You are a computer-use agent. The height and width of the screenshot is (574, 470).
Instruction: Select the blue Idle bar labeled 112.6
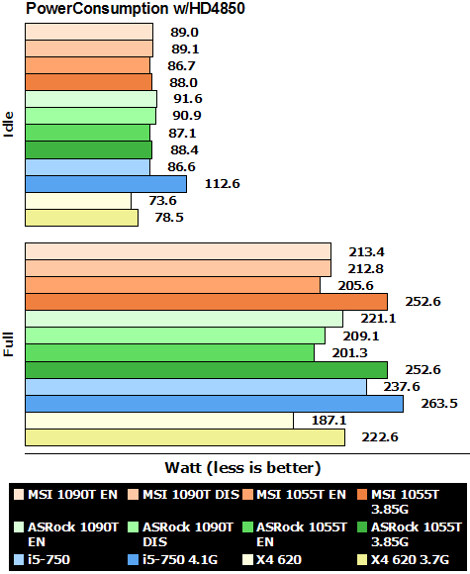tap(106, 183)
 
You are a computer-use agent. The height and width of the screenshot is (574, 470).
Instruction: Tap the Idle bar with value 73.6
tap(78, 201)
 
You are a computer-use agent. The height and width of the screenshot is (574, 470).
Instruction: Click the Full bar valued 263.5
tap(214, 403)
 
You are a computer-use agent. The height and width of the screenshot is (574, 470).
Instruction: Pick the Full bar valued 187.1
tap(159, 421)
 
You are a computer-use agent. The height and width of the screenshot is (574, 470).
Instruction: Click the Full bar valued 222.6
tap(185, 437)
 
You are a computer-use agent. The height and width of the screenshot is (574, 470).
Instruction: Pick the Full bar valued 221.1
tap(184, 319)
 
